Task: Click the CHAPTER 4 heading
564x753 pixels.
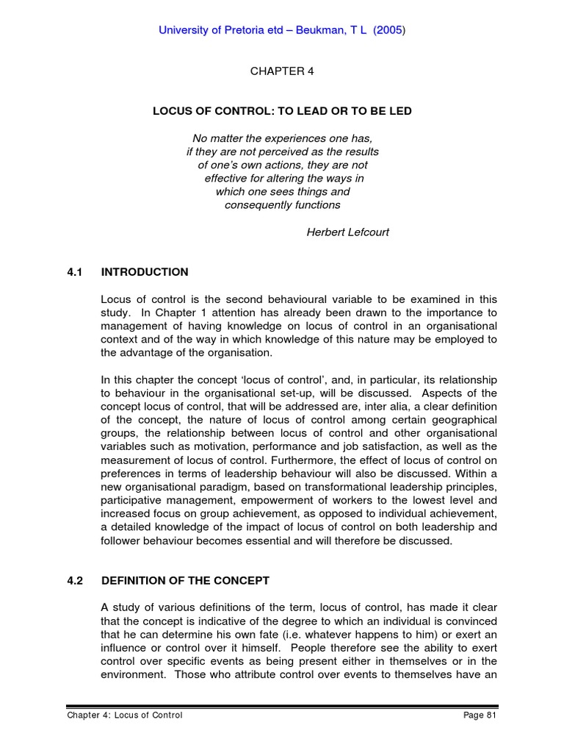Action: [277, 71]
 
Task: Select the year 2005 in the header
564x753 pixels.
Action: [388, 30]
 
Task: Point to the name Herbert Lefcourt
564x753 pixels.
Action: [347, 232]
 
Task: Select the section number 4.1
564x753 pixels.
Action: [75, 272]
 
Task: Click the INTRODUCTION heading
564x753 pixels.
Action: [145, 272]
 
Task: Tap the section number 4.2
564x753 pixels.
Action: [75, 580]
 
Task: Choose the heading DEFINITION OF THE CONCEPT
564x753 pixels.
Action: [185, 580]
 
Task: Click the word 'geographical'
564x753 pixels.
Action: [463, 419]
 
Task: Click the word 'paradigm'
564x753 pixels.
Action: [217, 487]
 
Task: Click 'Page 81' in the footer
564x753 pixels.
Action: [480, 715]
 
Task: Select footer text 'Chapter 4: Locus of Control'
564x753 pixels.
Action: [124, 715]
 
